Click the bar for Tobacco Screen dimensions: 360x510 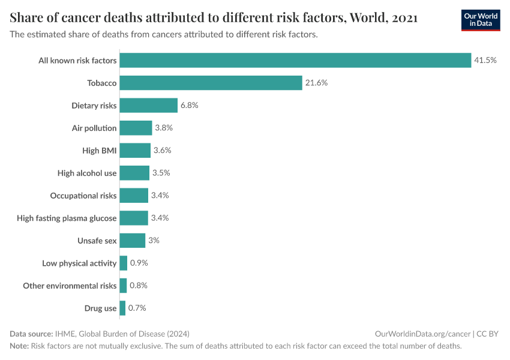coord(211,83)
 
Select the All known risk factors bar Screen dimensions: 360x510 coord(295,60)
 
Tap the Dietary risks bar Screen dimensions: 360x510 coord(149,105)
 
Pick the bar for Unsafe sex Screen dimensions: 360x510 coord(133,241)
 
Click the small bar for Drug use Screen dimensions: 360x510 coord(122,308)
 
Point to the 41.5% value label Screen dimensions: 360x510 coord(485,60)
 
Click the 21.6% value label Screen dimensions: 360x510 coord(316,83)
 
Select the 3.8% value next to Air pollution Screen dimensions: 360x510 coord(164,128)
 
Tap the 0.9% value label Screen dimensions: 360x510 coord(139,263)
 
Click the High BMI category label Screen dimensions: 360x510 coord(100,151)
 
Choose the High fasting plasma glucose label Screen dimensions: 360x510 coord(67,218)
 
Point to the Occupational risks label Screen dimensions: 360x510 coord(83,196)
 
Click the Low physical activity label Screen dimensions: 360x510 coord(79,263)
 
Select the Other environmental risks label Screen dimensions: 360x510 coord(70,286)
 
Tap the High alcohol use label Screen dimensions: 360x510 coord(87,173)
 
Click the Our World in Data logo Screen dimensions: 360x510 coord(481,20)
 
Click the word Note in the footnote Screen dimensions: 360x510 coord(19,346)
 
